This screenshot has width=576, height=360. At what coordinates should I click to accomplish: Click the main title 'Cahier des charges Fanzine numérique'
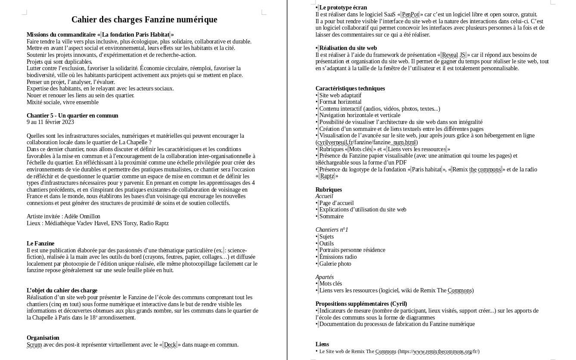click(x=144, y=20)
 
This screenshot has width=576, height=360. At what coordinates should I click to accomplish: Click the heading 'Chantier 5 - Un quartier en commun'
click(x=72, y=115)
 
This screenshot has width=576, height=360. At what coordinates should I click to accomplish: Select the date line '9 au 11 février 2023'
click(x=50, y=122)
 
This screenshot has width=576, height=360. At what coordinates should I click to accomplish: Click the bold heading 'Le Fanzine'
click(x=40, y=244)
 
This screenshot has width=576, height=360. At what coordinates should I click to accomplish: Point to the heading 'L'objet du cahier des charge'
click(x=62, y=291)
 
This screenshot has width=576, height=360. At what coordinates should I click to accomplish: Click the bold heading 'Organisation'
click(x=43, y=338)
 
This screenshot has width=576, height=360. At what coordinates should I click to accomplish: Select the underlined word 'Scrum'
click(x=34, y=345)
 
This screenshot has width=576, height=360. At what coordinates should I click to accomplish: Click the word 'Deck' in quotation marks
click(x=170, y=345)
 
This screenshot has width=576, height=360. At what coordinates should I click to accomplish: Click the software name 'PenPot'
click(x=410, y=15)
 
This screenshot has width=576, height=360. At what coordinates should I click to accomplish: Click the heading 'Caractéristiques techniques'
click(x=350, y=89)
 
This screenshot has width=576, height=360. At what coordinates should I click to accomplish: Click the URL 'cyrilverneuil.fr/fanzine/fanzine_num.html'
click(x=367, y=143)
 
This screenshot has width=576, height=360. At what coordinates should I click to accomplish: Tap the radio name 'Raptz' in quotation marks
click(x=327, y=176)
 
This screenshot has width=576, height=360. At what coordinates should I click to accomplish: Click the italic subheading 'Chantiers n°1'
click(x=332, y=230)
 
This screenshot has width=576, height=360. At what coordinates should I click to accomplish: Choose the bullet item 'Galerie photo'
click(x=335, y=264)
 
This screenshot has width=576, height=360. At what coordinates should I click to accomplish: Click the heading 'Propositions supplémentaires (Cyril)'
click(x=361, y=304)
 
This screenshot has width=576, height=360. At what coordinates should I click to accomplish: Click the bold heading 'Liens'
click(x=322, y=344)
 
